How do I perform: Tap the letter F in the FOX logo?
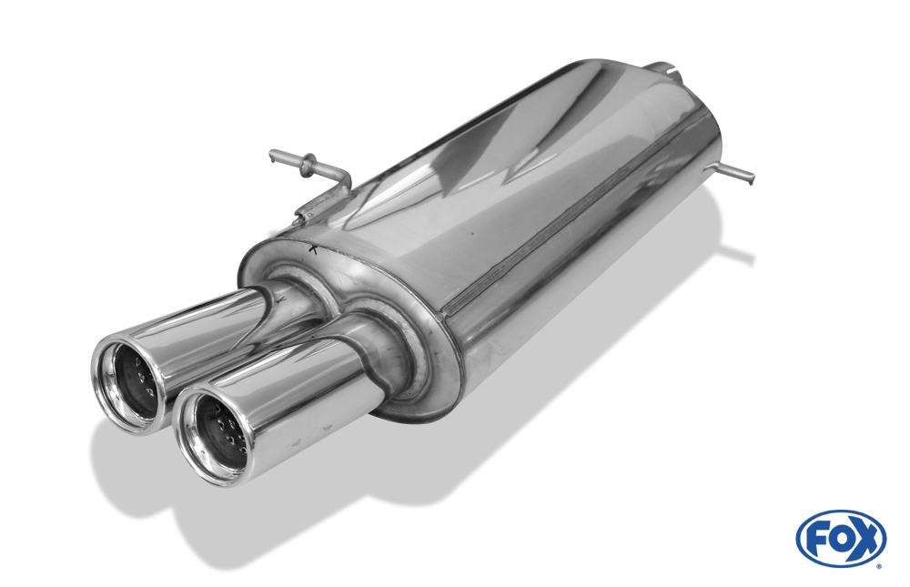[x=819, y=538]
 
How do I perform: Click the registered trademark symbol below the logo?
[x=878, y=567]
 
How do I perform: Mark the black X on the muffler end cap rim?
[x=313, y=249]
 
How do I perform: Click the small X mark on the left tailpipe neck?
[x=280, y=299]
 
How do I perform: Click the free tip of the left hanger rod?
[x=272, y=155]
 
